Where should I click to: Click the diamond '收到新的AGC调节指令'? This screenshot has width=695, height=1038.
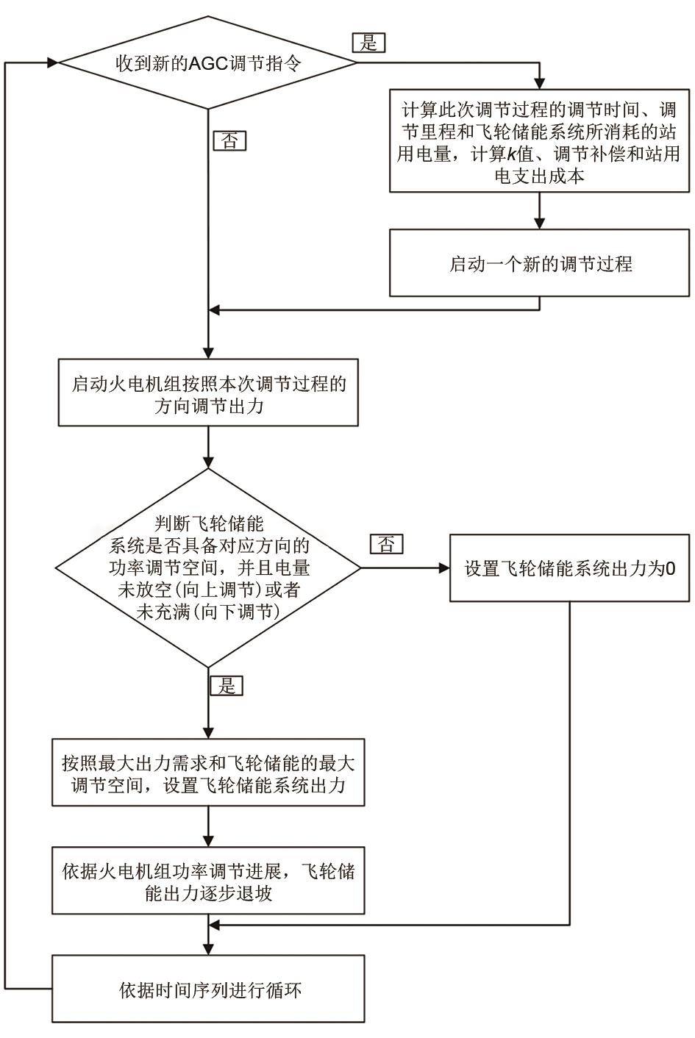pyautogui.click(x=208, y=63)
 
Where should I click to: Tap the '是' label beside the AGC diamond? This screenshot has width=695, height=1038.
pyautogui.click(x=368, y=43)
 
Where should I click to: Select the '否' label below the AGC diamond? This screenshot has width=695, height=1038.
pyautogui.click(x=229, y=140)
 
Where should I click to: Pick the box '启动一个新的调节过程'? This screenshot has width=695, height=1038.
pyautogui.click(x=540, y=264)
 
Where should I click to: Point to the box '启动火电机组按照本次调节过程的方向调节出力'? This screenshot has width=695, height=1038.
pyautogui.click(x=208, y=393)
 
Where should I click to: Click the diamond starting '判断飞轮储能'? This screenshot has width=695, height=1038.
pyautogui.click(x=208, y=568)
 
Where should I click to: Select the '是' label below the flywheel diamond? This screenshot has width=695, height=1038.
pyautogui.click(x=227, y=686)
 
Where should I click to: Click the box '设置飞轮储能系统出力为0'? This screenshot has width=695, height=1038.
pyautogui.click(x=570, y=568)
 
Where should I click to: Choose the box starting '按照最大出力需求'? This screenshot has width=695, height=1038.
pyautogui.click(x=208, y=773)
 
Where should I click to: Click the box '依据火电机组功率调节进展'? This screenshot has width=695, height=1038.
pyautogui.click(x=208, y=881)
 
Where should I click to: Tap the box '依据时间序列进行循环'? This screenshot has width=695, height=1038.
pyautogui.click(x=208, y=989)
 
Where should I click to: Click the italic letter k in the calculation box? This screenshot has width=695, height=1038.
pyautogui.click(x=510, y=155)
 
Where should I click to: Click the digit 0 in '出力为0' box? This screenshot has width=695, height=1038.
pyautogui.click(x=671, y=569)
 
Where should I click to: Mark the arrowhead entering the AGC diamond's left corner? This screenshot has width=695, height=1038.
pyautogui.click(x=53, y=63)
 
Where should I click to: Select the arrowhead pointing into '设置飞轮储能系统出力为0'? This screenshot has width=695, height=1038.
pyautogui.click(x=443, y=568)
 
